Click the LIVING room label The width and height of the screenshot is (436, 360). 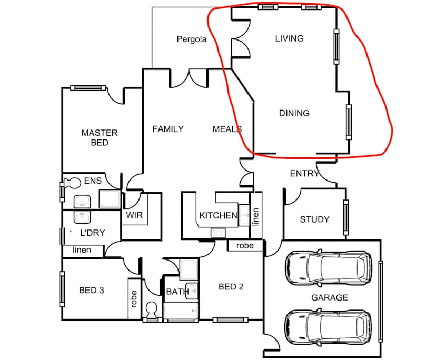290,38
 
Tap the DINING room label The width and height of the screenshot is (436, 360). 294,113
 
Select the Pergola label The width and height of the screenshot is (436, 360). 192,39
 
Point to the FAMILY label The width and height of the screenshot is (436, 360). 168,129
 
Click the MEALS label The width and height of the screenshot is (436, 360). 227,129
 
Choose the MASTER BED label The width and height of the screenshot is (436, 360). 100,137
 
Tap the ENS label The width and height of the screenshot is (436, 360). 93,181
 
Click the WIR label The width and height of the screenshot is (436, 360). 134,215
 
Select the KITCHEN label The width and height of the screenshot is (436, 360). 218,215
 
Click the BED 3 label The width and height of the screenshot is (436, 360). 92,290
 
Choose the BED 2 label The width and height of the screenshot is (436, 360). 231,287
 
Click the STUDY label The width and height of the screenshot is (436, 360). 314,219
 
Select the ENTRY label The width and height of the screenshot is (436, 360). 304,174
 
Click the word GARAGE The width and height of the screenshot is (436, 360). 329,297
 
